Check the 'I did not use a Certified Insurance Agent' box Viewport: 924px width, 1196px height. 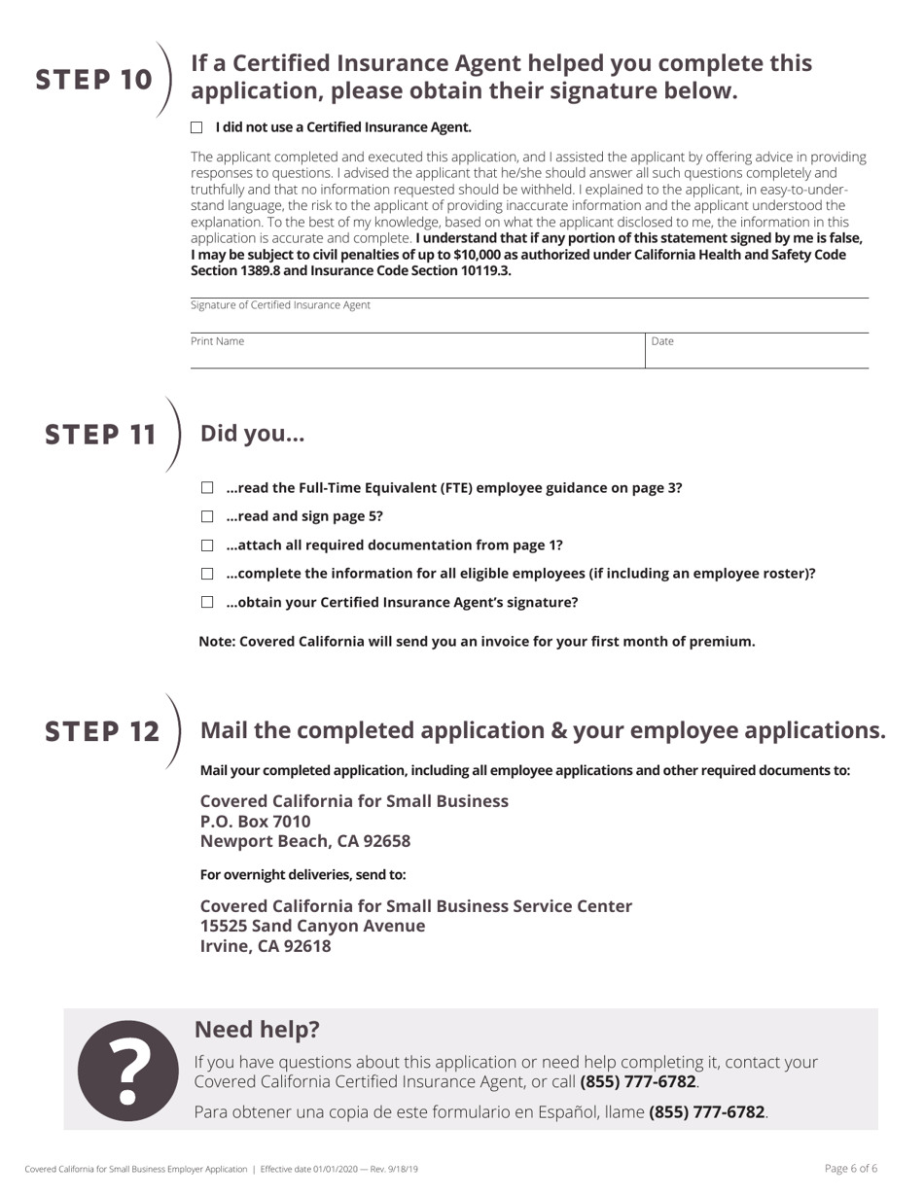pyautogui.click(x=196, y=127)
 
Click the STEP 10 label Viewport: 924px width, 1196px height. pyautogui.click(x=94, y=80)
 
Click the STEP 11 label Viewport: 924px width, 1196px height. pyautogui.click(x=101, y=435)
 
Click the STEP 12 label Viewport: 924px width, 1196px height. pyautogui.click(x=103, y=731)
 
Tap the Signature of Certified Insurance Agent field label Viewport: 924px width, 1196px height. pyautogui.click(x=280, y=305)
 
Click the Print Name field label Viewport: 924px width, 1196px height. pyautogui.click(x=218, y=341)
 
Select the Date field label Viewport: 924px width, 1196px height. pyautogui.click(x=662, y=341)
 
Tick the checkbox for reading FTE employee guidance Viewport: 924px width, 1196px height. pyautogui.click(x=207, y=488)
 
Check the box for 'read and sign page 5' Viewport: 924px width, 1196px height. pyautogui.click(x=207, y=516)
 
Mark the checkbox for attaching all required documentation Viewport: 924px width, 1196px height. pyautogui.click(x=207, y=545)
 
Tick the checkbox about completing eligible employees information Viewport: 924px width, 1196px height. pyautogui.click(x=207, y=574)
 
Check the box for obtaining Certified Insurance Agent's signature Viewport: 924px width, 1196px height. pyautogui.click(x=207, y=602)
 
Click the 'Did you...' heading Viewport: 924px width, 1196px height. pyautogui.click(x=252, y=434)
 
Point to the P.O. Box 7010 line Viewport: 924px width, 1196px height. pyautogui.click(x=255, y=822)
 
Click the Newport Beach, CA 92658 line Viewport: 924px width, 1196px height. pyautogui.click(x=305, y=841)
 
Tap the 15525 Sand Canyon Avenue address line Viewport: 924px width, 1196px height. pyautogui.click(x=312, y=926)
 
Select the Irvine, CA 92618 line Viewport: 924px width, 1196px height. pyautogui.click(x=266, y=946)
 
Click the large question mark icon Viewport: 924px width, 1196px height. pyautogui.click(x=127, y=1070)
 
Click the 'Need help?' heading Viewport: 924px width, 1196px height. pyautogui.click(x=257, y=1029)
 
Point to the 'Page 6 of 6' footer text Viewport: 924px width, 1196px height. pyautogui.click(x=850, y=1169)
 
